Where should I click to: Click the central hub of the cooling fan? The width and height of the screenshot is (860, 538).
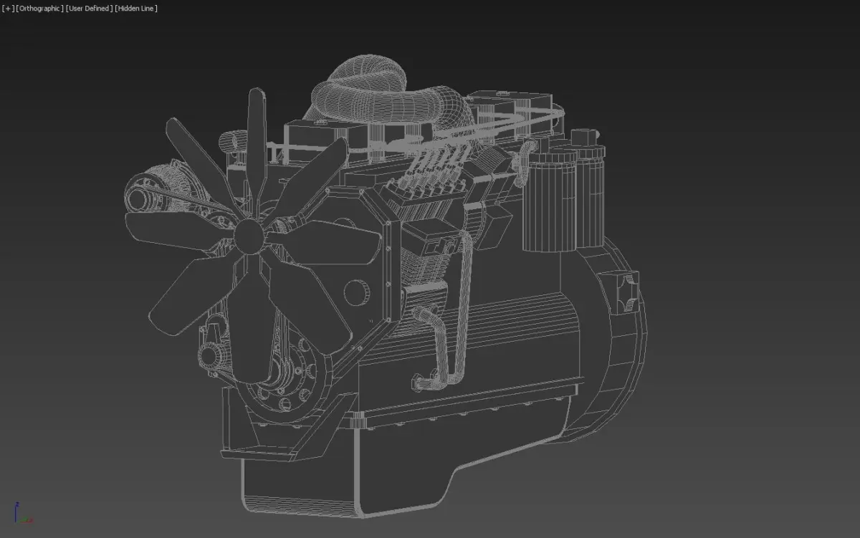tap(249, 236)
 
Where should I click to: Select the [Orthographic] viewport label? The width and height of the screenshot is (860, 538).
tap(39, 9)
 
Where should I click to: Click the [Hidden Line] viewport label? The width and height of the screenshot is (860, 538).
tap(136, 9)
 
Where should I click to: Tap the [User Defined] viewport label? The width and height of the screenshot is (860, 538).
tap(89, 9)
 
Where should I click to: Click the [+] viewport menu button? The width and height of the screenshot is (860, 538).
tap(8, 9)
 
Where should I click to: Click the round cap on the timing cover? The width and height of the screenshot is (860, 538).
tap(356, 293)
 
